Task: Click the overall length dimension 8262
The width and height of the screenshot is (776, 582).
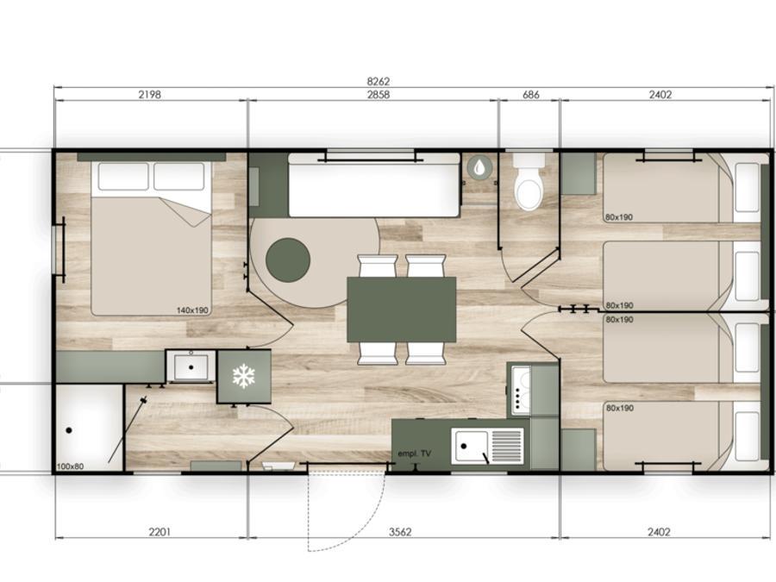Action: pos(379,81)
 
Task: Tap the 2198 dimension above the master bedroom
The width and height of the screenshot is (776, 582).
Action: pos(149,94)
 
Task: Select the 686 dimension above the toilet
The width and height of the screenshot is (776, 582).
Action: pos(530,94)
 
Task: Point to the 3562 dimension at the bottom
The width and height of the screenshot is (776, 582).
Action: pos(400,532)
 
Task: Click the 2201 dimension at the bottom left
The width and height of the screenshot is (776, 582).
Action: pos(160,532)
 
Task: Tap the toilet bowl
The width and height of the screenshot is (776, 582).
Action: pos(529,188)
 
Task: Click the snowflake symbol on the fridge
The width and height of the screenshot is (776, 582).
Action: pos(243,376)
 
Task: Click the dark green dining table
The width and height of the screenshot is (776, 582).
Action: pos(401,310)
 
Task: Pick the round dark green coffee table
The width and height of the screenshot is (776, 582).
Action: pos(288,260)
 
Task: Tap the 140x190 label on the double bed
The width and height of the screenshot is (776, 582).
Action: pos(192,310)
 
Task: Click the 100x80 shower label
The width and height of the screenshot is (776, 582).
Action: pos(71,466)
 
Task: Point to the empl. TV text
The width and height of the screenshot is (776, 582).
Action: pos(414,454)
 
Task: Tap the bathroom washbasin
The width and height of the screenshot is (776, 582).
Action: pos(191,366)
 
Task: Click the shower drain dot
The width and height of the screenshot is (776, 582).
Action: pos(69,430)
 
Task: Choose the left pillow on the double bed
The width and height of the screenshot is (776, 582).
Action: pos(123,176)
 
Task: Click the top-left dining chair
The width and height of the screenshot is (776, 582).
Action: pos(377,266)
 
